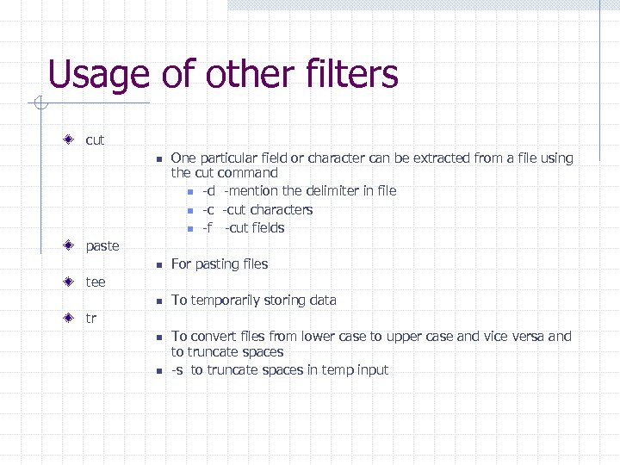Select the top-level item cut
(95, 139)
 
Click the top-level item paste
(102, 246)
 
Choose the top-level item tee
(96, 282)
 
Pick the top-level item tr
(91, 319)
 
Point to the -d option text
(208, 191)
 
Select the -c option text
(208, 210)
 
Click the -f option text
(208, 228)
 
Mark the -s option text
(177, 370)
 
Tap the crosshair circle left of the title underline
(39, 105)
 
